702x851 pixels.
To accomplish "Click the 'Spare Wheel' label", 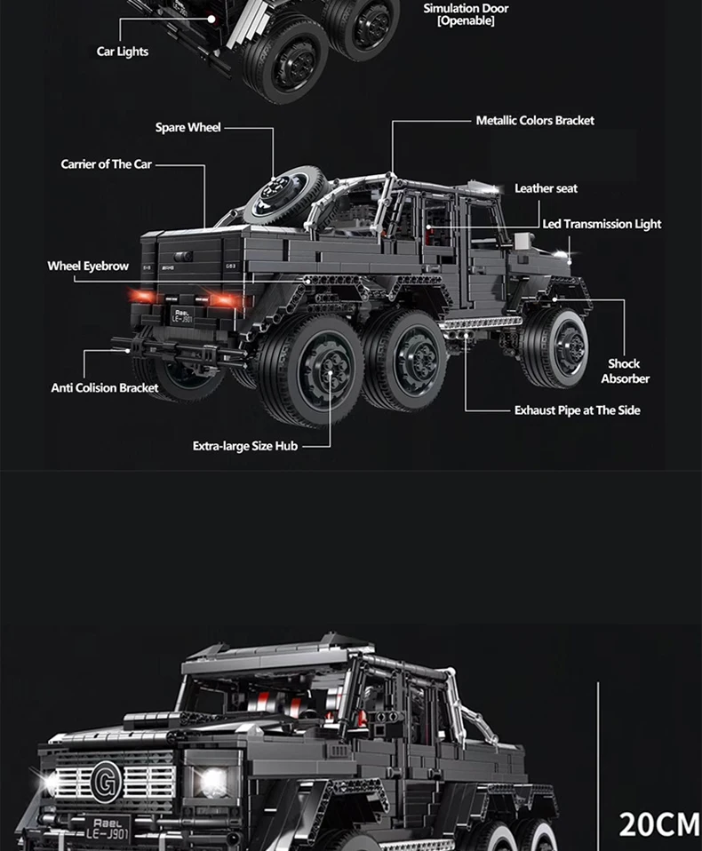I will click(x=187, y=128).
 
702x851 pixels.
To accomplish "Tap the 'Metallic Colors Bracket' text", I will click(x=535, y=121).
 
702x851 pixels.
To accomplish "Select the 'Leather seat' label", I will click(x=546, y=188).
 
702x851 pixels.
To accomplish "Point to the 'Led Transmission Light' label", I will click(x=602, y=224).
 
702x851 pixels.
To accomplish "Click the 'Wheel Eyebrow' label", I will click(x=88, y=266).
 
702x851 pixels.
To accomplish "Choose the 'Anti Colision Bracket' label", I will click(x=105, y=387).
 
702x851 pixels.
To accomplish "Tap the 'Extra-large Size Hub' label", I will click(x=245, y=446).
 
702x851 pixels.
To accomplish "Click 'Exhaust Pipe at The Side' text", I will click(x=577, y=410).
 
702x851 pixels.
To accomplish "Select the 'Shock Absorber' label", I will click(x=625, y=371).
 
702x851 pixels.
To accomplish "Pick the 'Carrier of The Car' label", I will click(x=106, y=164).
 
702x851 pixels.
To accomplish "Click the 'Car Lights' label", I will click(x=123, y=52).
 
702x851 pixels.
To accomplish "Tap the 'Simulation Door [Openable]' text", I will click(x=466, y=14).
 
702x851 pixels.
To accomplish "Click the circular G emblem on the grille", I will click(x=104, y=782).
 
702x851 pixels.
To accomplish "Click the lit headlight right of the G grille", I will click(x=211, y=782).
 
